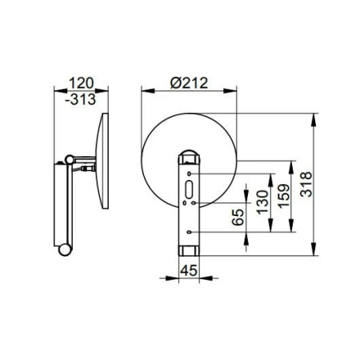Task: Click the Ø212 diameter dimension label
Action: click(x=189, y=82)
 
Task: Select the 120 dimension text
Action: click(x=82, y=83)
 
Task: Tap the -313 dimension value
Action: click(x=80, y=99)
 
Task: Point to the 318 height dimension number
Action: click(x=306, y=184)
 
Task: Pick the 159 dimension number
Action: click(x=283, y=196)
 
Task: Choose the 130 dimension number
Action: click(x=262, y=202)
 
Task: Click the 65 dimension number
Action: click(x=238, y=217)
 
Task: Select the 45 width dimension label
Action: click(x=189, y=270)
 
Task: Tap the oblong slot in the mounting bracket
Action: click(x=189, y=190)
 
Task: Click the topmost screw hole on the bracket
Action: click(x=189, y=174)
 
